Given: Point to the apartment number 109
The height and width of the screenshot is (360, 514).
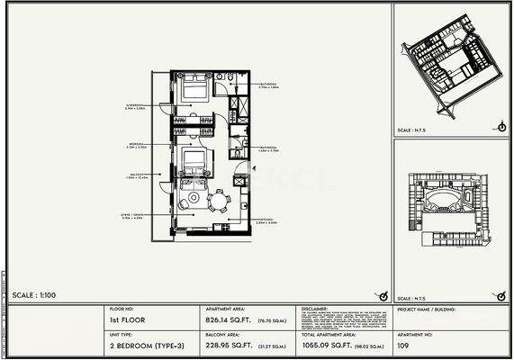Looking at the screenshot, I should [x=404, y=343].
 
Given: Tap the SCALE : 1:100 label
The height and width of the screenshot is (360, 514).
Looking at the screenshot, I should [x=35, y=295].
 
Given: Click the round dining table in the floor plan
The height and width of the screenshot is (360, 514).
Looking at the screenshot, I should [x=215, y=198].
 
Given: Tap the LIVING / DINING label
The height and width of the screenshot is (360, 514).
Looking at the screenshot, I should [x=133, y=216].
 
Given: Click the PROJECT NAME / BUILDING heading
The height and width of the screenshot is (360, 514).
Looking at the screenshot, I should [x=425, y=308].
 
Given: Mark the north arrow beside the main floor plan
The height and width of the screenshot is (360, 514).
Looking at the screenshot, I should [x=382, y=295].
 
